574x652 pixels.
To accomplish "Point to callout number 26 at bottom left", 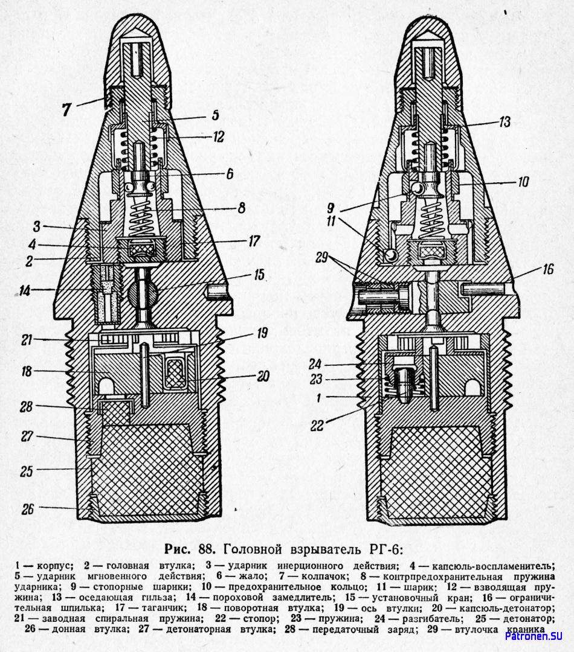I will coord(27,509).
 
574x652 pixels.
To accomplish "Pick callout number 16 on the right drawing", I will coord(547,269).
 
